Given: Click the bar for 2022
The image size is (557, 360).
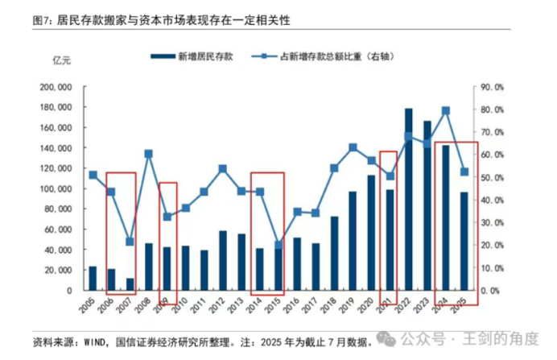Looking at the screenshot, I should pyautogui.click(x=409, y=199).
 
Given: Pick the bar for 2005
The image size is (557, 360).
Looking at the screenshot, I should pyautogui.click(x=93, y=278).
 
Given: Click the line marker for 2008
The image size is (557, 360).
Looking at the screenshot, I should pyautogui.click(x=149, y=153).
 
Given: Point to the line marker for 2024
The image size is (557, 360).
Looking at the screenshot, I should pyautogui.click(x=446, y=110).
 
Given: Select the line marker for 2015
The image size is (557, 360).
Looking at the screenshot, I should pyautogui.click(x=279, y=245).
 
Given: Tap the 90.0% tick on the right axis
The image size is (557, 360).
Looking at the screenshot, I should pyautogui.click(x=493, y=87).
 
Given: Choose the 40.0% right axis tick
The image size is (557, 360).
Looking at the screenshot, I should pyautogui.click(x=493, y=200).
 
